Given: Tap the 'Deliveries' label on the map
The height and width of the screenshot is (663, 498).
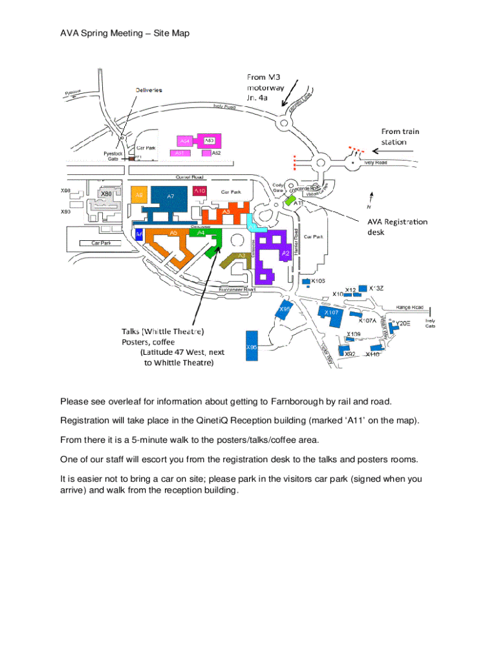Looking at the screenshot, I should tap(149, 89).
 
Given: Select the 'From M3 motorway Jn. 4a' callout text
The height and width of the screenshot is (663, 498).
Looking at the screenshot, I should tap(265, 87).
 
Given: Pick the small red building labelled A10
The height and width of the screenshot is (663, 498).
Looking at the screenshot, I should tap(200, 191).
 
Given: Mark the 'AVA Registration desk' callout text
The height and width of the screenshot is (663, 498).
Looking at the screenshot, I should tap(397, 226).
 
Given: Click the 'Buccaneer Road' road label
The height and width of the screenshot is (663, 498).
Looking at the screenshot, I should tap(237, 289).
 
